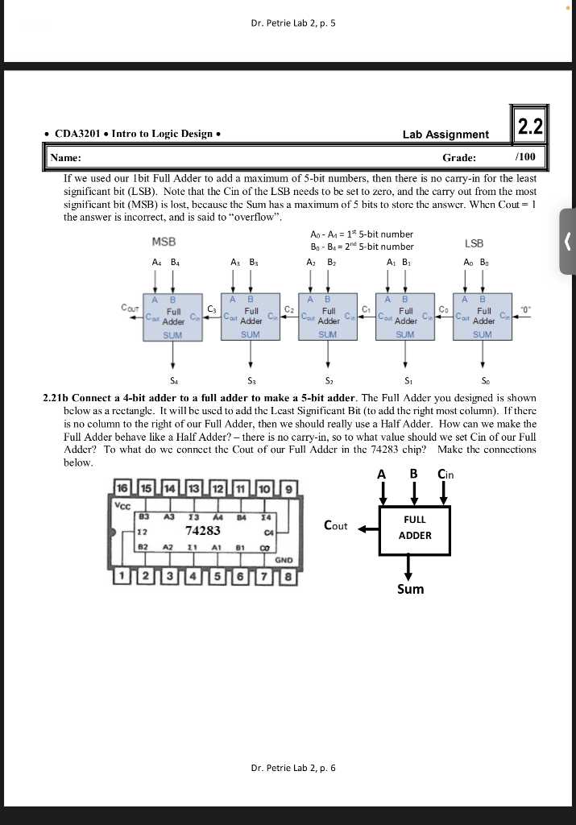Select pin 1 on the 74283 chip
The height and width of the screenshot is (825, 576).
[x=121, y=577]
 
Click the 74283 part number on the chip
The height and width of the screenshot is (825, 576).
[x=203, y=530]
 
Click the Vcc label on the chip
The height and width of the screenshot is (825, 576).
[x=123, y=505]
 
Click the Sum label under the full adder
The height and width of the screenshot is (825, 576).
[x=410, y=589]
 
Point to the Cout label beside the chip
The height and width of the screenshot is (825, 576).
[x=335, y=526]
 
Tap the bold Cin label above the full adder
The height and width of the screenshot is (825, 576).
[x=445, y=475]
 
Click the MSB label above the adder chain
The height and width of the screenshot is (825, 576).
[x=164, y=242]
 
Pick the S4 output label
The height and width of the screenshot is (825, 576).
[x=173, y=379]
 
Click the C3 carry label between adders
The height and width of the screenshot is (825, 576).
[x=212, y=309]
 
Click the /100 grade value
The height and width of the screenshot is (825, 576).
[x=525, y=157]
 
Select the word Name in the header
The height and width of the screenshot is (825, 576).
[x=64, y=158]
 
